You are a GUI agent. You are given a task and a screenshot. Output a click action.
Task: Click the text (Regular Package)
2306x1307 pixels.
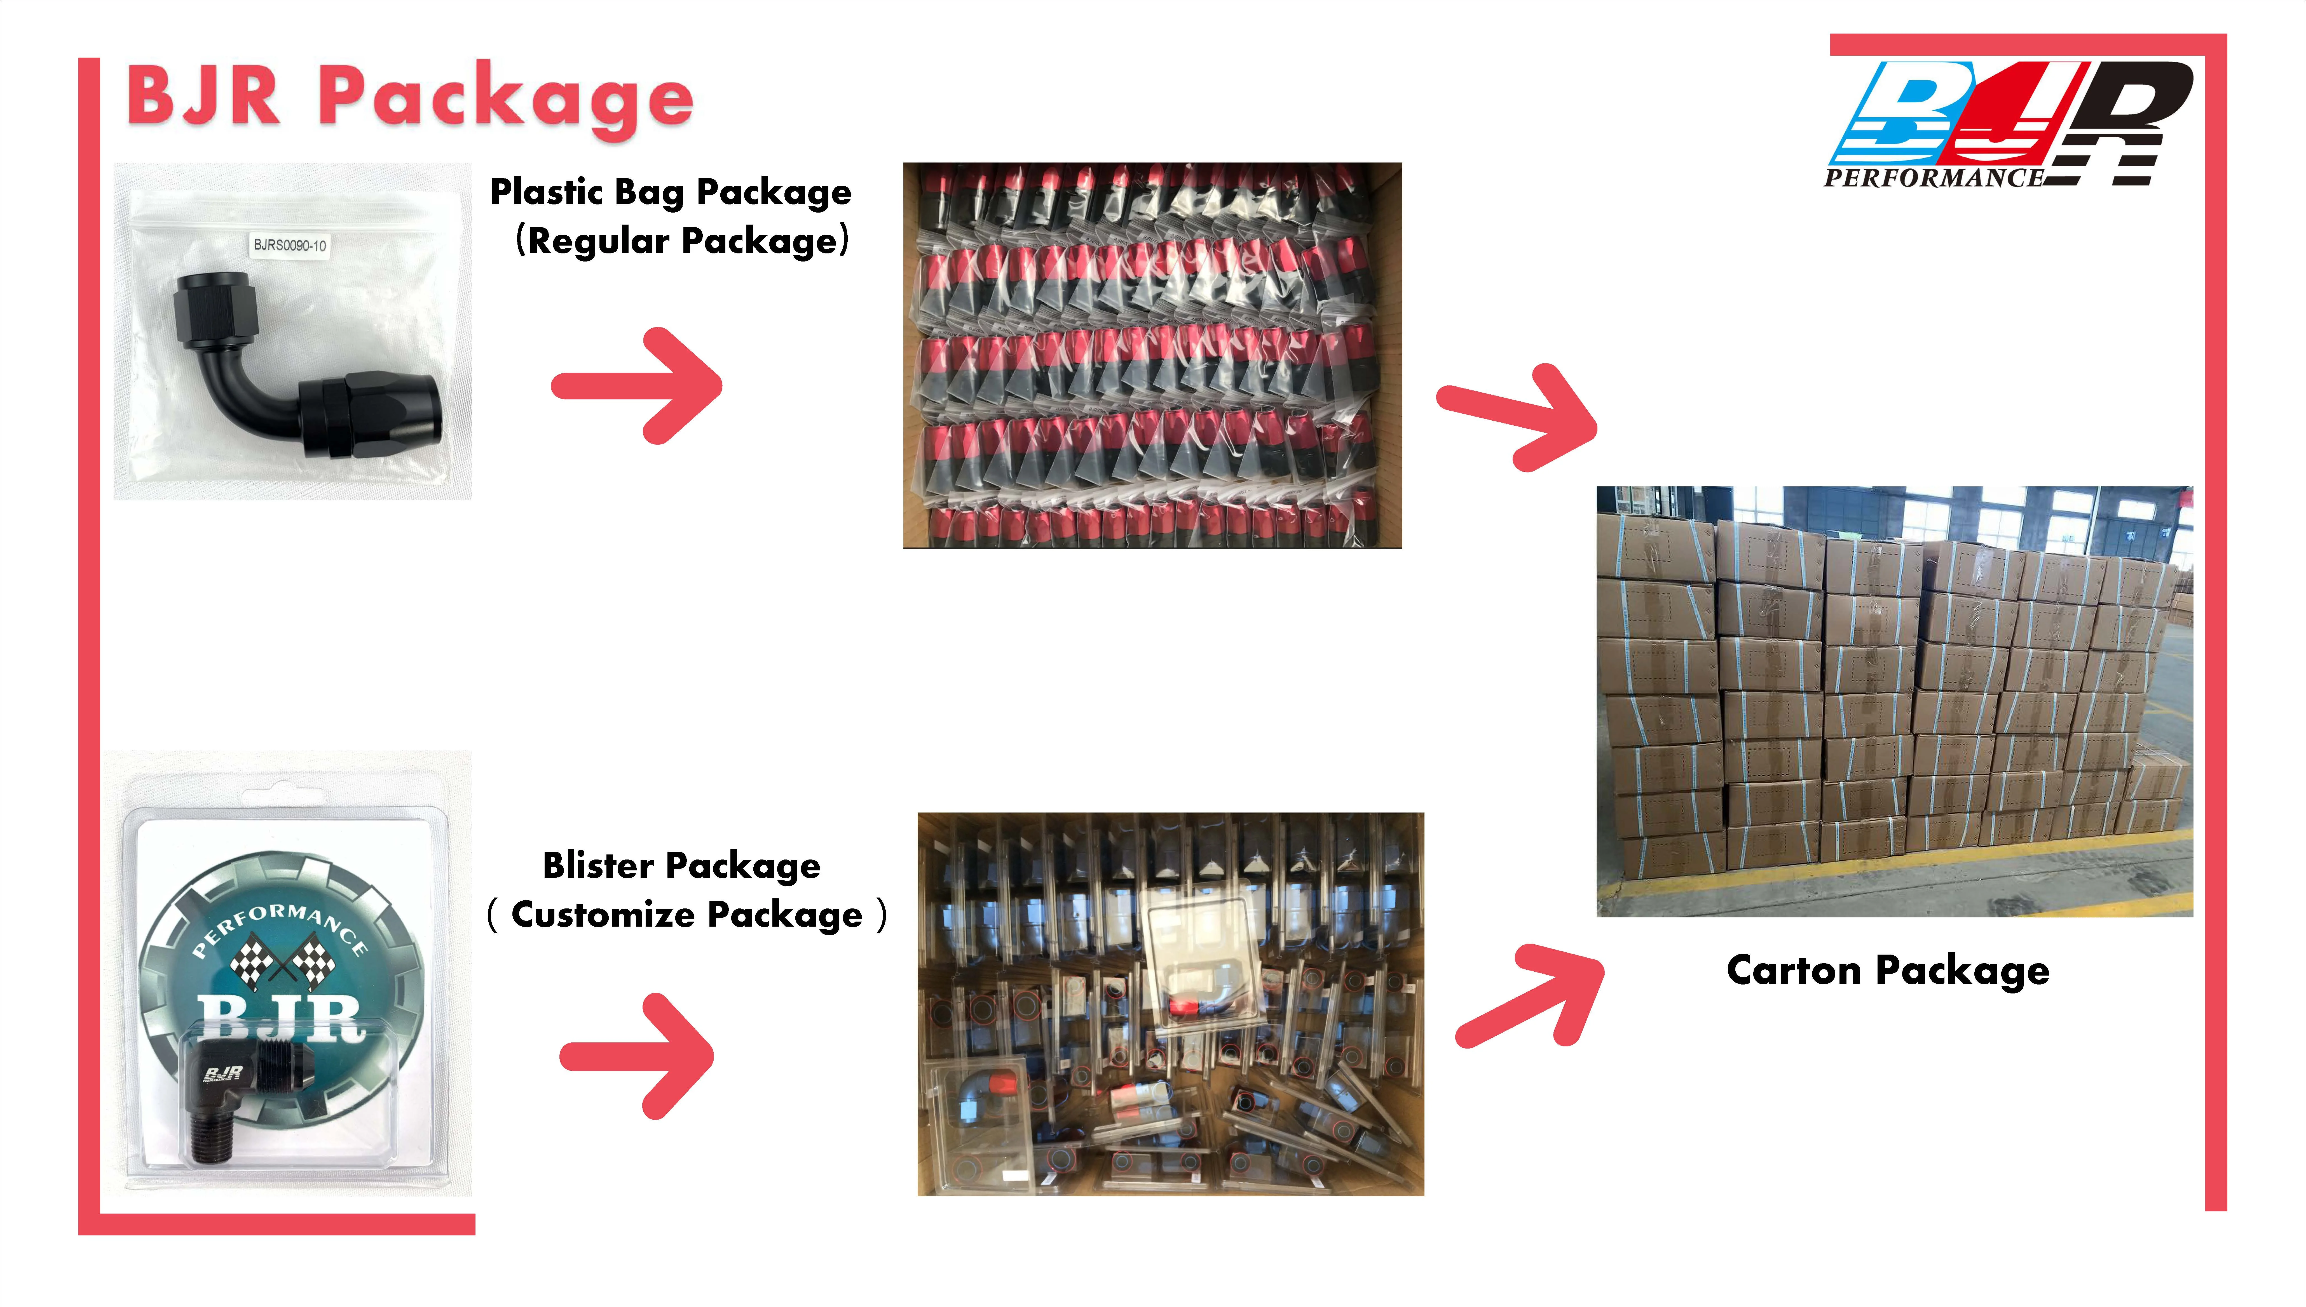683,241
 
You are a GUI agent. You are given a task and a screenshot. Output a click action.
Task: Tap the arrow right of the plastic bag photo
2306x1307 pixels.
638,386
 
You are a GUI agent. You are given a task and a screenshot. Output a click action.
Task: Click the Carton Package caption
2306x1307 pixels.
1888,970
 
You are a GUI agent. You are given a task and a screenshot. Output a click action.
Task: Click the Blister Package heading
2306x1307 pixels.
681,865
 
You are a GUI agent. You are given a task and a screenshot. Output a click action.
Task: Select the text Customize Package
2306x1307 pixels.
687,915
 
